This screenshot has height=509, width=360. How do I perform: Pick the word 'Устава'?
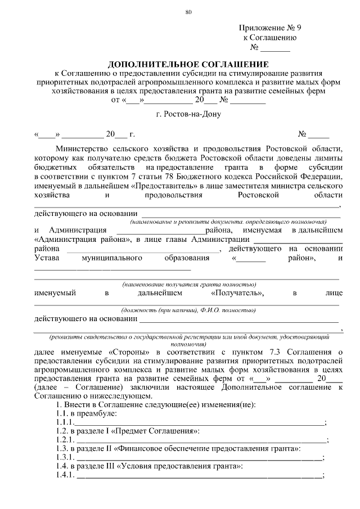tap(47, 258)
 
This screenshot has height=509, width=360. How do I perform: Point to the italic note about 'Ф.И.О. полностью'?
tap(188, 310)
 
